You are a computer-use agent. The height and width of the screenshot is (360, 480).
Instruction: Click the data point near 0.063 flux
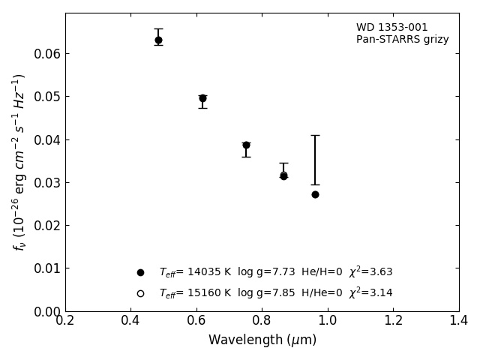158,40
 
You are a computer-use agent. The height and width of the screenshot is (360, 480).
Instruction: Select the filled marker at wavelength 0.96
315,194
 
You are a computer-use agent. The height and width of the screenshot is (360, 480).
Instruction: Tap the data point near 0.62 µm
202,98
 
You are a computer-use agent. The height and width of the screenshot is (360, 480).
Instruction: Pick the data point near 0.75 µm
246,145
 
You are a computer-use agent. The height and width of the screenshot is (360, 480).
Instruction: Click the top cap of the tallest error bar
315,136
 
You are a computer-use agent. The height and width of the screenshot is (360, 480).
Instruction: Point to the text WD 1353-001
391,28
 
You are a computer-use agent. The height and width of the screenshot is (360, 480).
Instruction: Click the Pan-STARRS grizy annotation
402,40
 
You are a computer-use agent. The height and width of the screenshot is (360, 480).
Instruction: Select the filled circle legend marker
140,272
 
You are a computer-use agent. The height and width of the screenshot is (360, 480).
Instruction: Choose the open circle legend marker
140,293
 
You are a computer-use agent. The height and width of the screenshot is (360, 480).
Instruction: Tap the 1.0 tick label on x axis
328,321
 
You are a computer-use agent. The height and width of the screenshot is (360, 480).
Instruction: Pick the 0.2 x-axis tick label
65,321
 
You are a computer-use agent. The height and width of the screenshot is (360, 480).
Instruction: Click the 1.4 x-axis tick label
458,321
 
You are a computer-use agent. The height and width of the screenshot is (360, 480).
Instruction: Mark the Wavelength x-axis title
262,340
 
